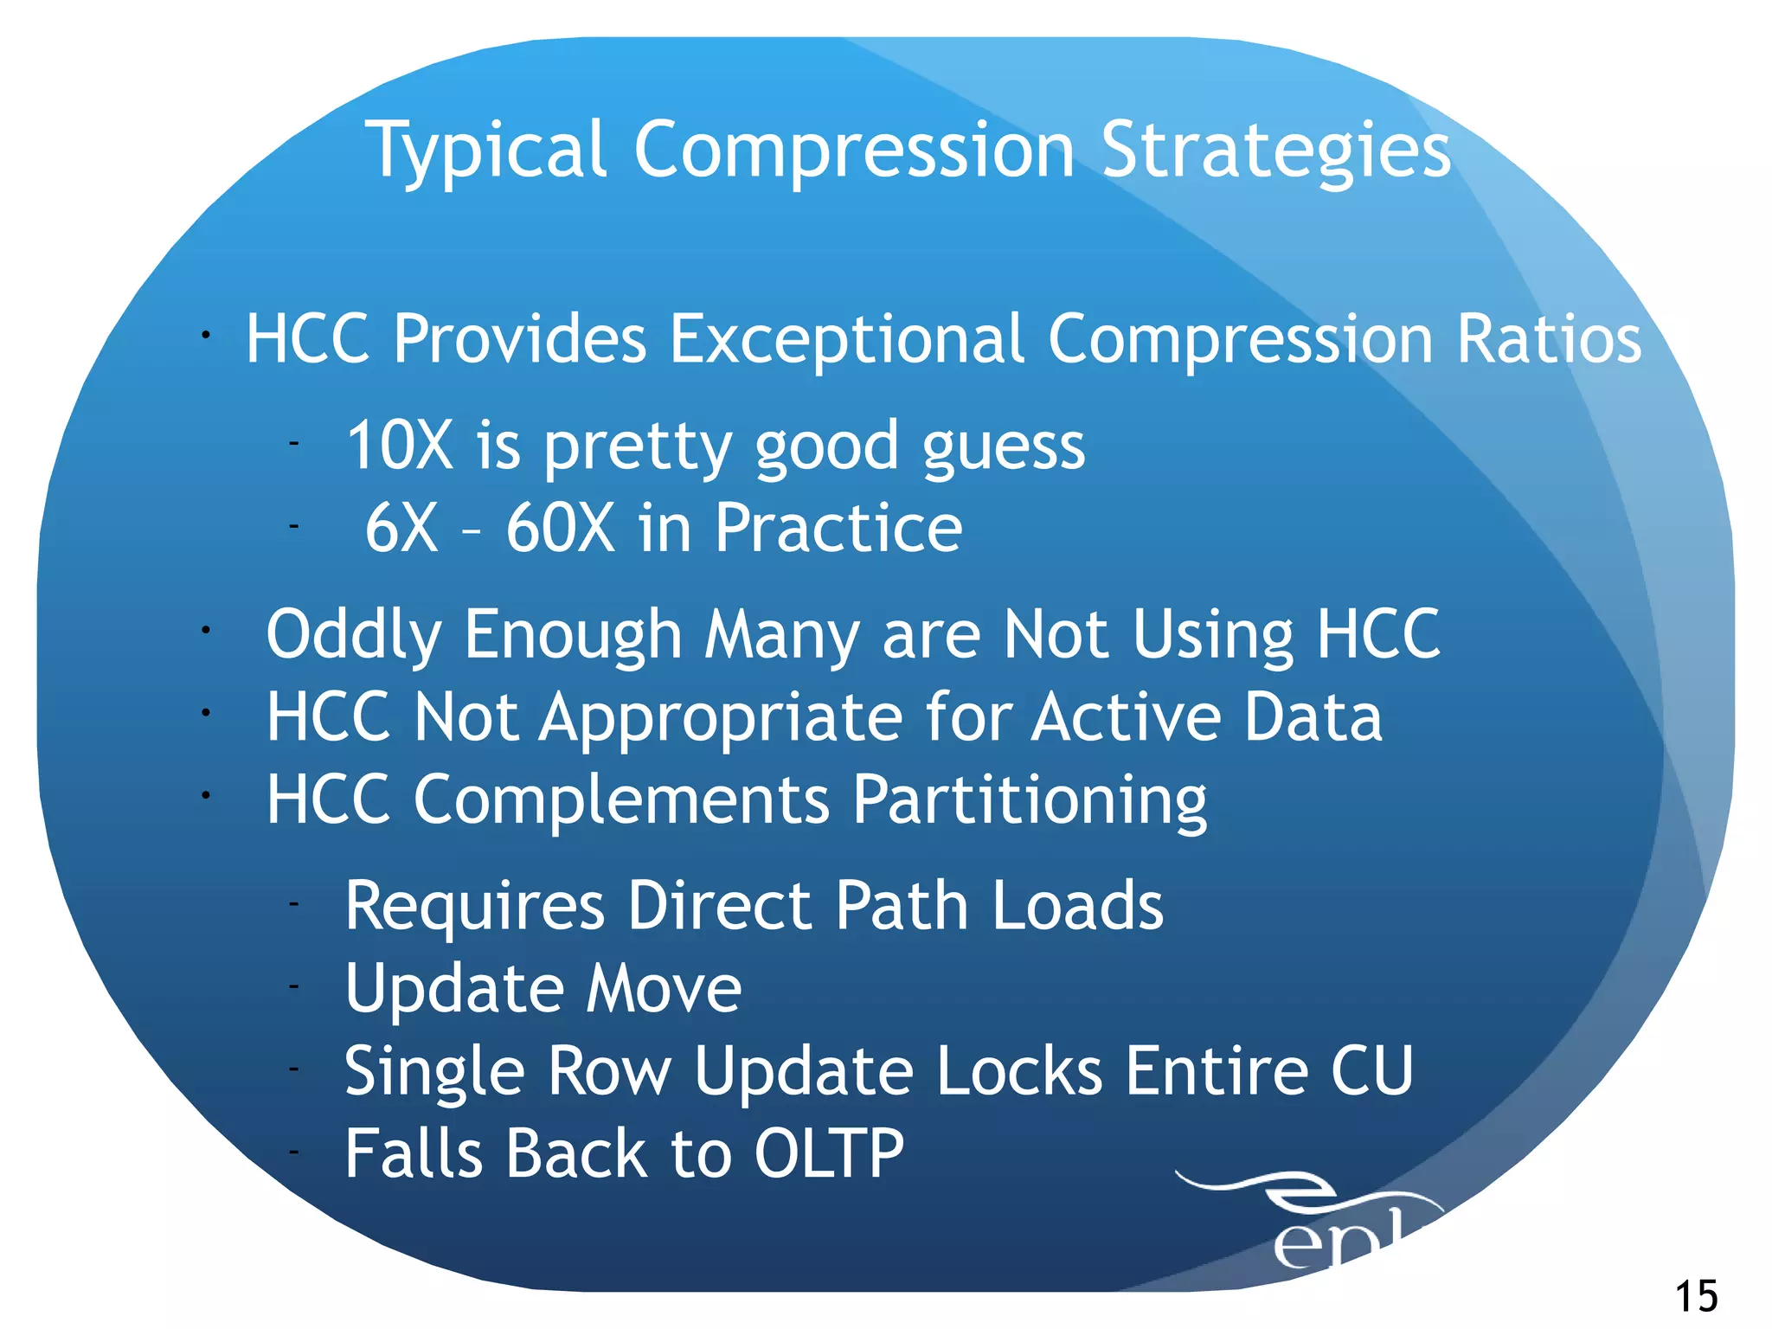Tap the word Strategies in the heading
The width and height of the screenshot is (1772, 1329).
(1276, 151)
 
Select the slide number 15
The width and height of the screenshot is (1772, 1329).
(1697, 1296)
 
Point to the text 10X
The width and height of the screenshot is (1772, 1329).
(400, 446)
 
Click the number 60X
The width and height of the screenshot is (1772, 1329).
(560, 528)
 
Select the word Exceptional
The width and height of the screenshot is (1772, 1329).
(848, 339)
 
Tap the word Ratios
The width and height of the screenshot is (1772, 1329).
(1549, 339)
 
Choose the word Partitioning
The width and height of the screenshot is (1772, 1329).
(1030, 800)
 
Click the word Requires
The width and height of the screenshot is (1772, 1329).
(474, 907)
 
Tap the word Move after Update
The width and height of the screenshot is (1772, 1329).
(664, 988)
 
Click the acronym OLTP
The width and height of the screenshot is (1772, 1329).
(829, 1153)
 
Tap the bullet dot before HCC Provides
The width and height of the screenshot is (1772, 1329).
(205, 336)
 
